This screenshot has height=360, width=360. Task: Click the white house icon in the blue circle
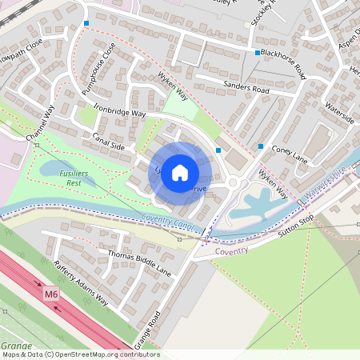180,172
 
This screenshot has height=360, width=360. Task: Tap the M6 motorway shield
51,295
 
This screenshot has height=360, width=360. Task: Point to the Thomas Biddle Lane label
140,262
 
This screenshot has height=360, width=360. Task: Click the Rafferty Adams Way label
80,282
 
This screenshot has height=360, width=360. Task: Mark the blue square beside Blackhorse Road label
258,53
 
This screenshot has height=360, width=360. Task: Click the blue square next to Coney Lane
261,146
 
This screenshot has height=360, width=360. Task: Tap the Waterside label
340,113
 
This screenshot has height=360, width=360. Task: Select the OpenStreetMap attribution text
80,354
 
